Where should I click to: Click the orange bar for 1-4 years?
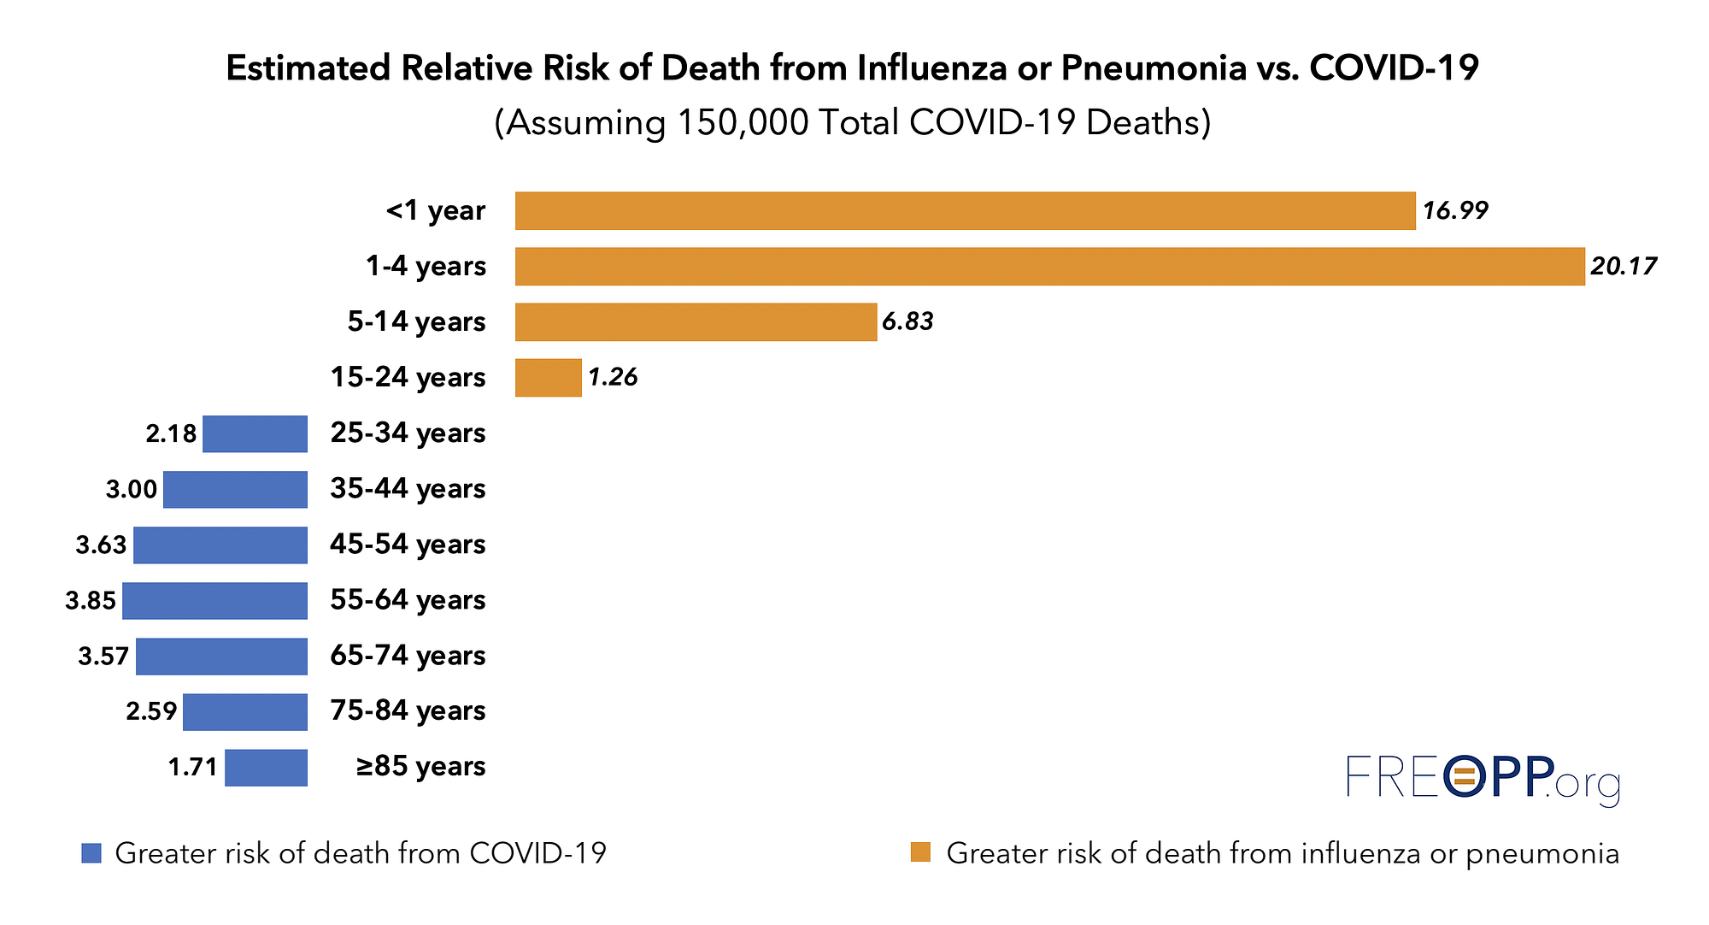click(1049, 266)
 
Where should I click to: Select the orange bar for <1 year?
click(965, 210)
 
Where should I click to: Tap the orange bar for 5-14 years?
click(696, 321)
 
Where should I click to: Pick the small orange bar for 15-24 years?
click(548, 377)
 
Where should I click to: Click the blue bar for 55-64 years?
click(214, 600)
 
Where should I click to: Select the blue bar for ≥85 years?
click(266, 767)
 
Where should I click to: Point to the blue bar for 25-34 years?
click(255, 433)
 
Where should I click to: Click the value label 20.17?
click(1623, 267)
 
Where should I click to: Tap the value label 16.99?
click(1454, 211)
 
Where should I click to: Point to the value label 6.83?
click(907, 322)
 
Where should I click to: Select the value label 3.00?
click(132, 490)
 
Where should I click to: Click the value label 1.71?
click(193, 768)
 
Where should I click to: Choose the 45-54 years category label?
click(408, 545)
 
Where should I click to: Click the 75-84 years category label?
click(408, 711)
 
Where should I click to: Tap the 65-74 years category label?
click(408, 656)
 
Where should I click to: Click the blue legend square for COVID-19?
click(91, 853)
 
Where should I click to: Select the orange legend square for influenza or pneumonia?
click(920, 852)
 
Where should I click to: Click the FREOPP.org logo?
click(1483, 778)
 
